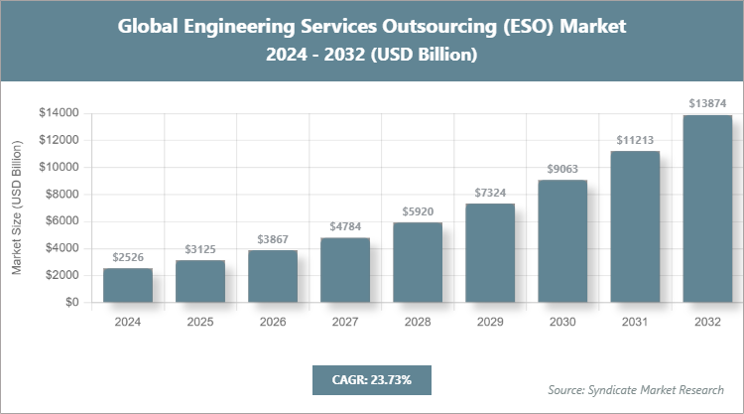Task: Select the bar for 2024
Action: [x=128, y=285]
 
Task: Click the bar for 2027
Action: [x=345, y=270]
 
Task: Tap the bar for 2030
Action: [x=562, y=241]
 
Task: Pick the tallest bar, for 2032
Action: [x=707, y=208]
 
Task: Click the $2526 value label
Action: [x=128, y=257]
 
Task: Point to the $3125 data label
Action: [x=200, y=249]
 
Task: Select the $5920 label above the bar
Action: [x=418, y=211]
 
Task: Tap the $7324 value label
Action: [x=490, y=193]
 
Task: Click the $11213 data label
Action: [x=635, y=140]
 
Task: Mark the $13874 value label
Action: [x=707, y=103]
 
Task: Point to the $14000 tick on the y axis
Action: [x=59, y=113]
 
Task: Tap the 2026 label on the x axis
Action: [x=273, y=322]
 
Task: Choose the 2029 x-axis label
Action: [x=490, y=322]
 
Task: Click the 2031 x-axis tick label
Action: [x=635, y=322]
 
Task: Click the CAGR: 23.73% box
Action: [x=372, y=379]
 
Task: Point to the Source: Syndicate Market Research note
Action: [x=636, y=389]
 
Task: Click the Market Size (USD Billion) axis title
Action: [x=17, y=208]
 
